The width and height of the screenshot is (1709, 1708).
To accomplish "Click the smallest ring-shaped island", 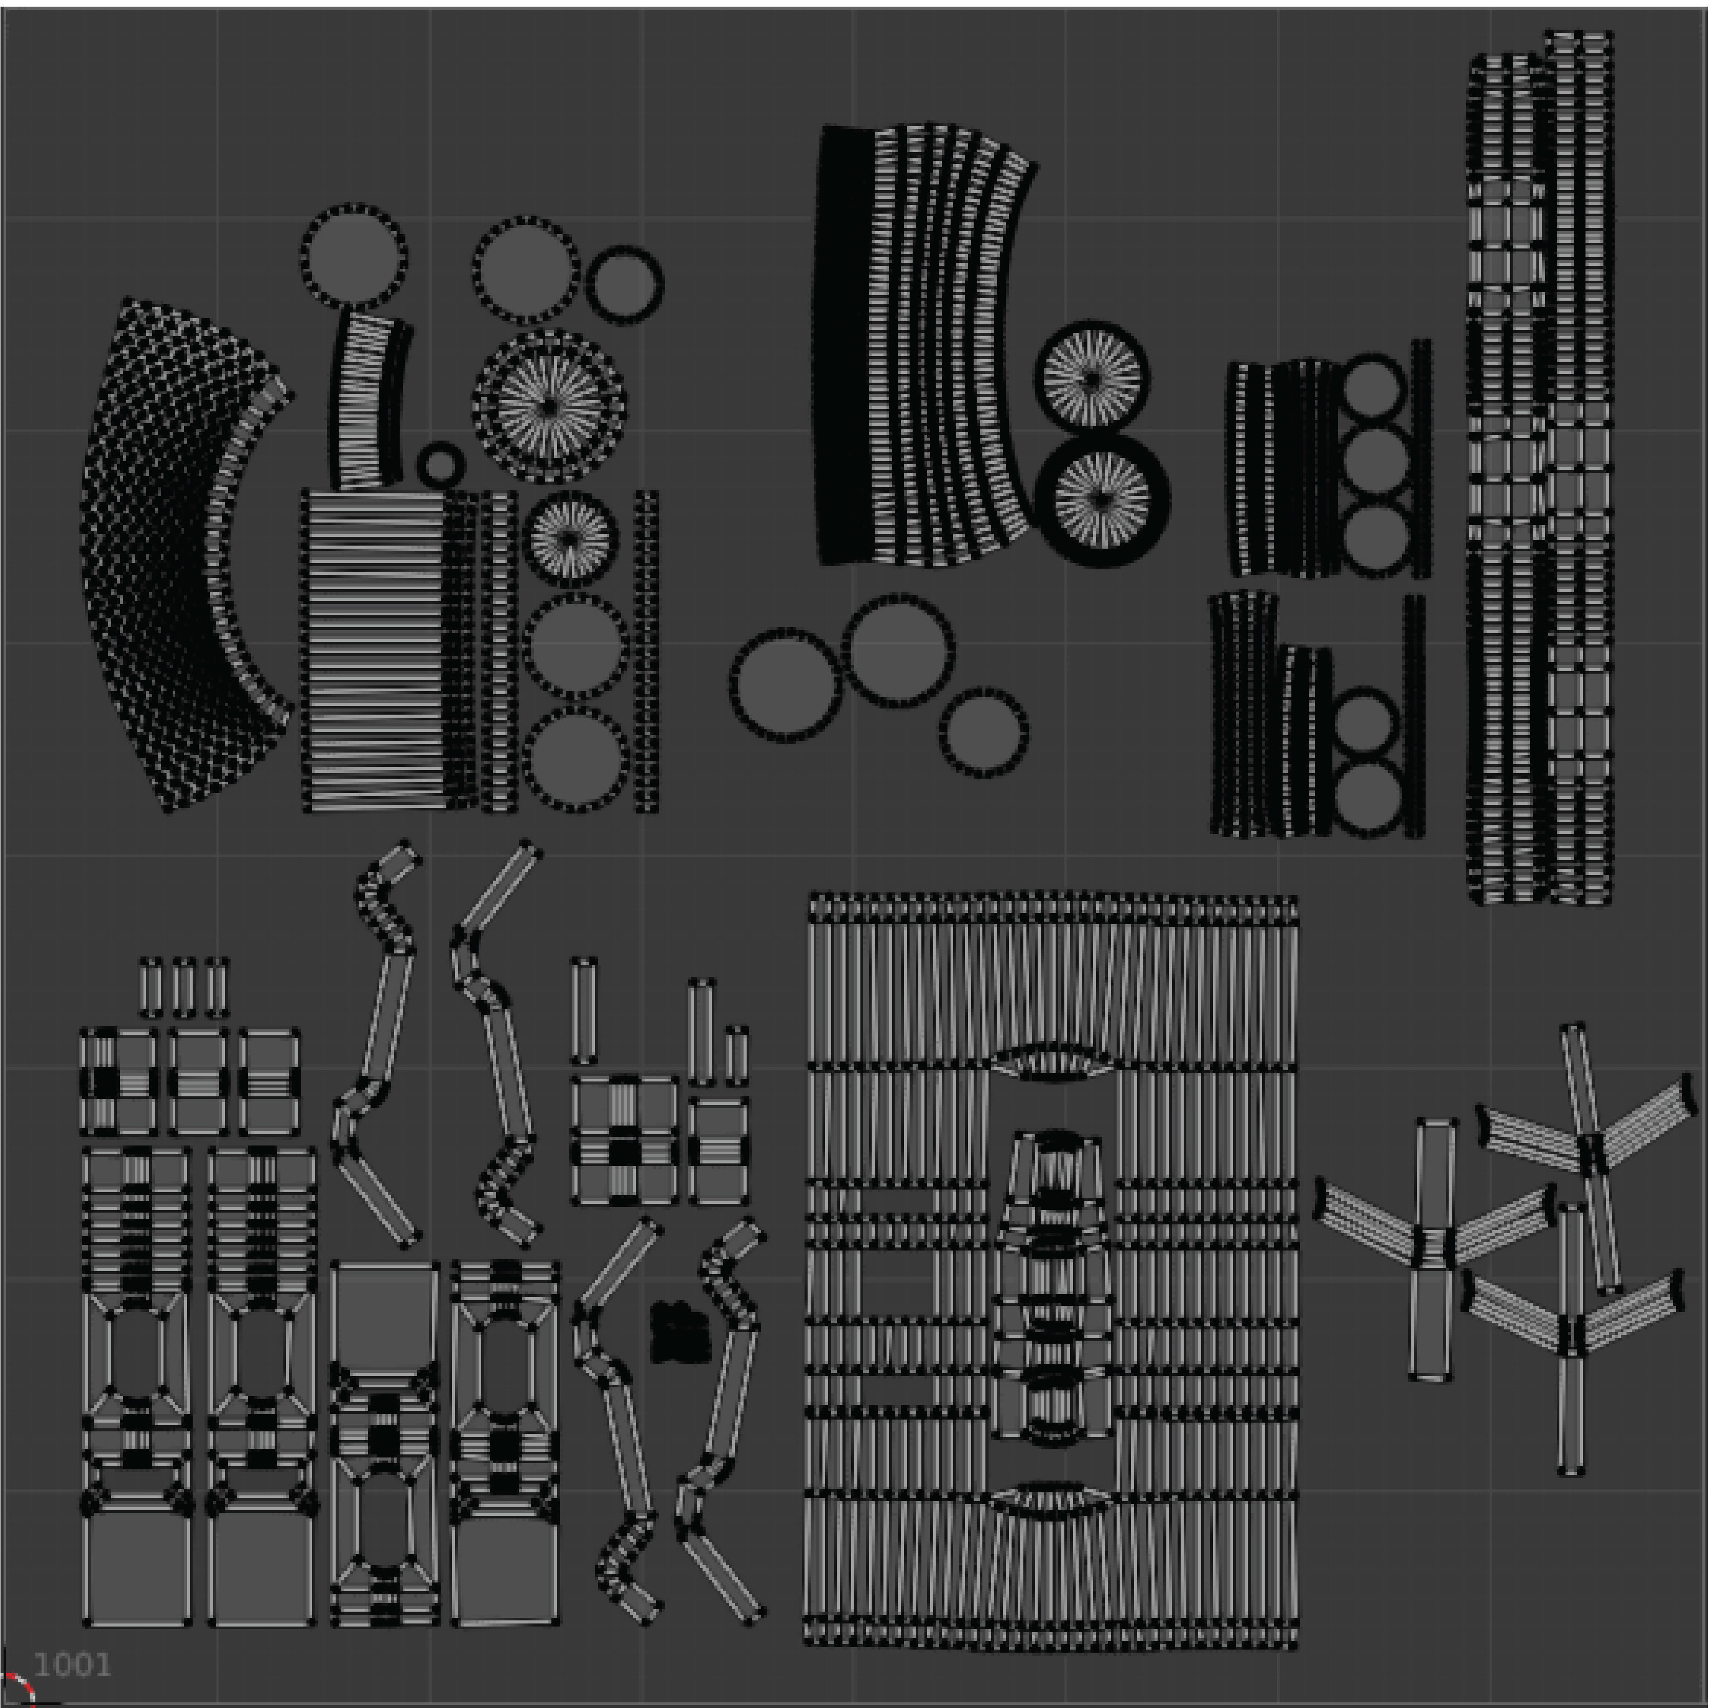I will pos(441,464).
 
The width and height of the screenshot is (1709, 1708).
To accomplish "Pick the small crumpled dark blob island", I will pos(680,1331).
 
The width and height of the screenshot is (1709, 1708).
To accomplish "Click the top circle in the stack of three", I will pos(1373,389).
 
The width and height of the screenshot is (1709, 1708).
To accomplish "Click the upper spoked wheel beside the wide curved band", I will pos(1093,379).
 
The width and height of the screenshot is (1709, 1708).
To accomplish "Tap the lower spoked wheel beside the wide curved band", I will pos(1101,498).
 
